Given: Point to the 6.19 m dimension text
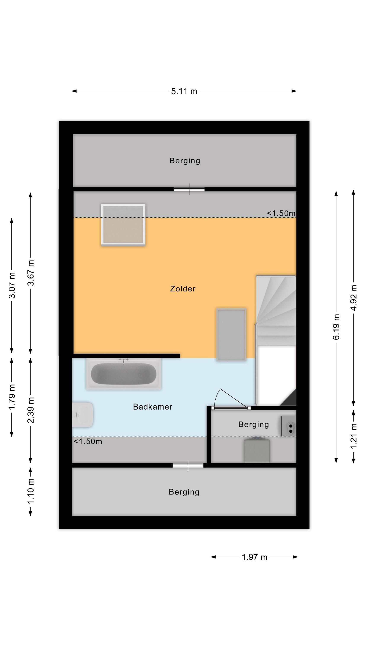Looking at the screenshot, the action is (x=336, y=327).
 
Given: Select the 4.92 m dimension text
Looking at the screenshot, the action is (x=354, y=298).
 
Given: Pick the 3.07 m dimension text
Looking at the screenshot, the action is (x=12, y=285).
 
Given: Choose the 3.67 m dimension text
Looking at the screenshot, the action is (x=30, y=273).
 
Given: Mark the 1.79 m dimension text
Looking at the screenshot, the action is (x=12, y=397).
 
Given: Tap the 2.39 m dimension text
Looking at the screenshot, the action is (x=30, y=410).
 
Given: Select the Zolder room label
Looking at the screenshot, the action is (x=183, y=289).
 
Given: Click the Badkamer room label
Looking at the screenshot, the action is (x=153, y=407).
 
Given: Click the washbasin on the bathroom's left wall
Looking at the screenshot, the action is (x=82, y=415).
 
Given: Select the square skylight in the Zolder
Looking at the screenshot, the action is (x=123, y=224).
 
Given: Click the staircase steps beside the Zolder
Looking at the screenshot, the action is (x=276, y=310).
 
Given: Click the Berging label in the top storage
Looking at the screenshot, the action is (x=185, y=161).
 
